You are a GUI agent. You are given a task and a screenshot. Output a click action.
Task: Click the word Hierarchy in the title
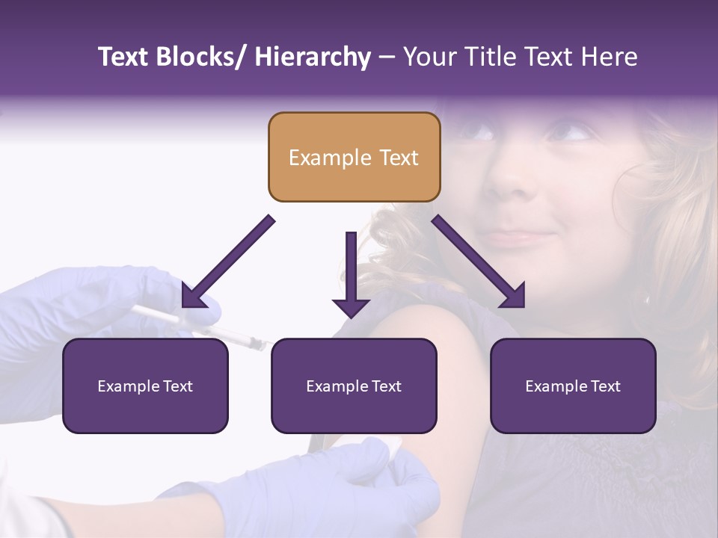[313, 58]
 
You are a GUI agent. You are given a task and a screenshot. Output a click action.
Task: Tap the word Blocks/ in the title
[203, 58]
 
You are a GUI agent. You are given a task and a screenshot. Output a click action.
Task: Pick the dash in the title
[387, 58]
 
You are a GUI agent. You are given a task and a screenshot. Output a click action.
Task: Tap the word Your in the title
[429, 58]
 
